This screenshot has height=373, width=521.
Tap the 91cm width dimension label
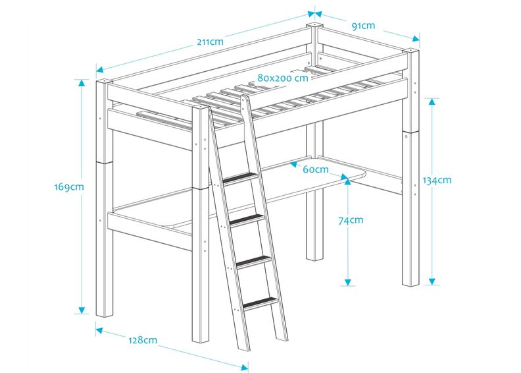point(363,26)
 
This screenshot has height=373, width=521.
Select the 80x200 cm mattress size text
point(283,78)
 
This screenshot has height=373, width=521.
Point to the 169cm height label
point(69,186)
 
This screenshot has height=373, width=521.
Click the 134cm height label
point(436,180)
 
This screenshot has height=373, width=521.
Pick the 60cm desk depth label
point(316,169)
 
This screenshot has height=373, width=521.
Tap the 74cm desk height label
point(350,221)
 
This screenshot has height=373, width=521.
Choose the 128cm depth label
point(143,340)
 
